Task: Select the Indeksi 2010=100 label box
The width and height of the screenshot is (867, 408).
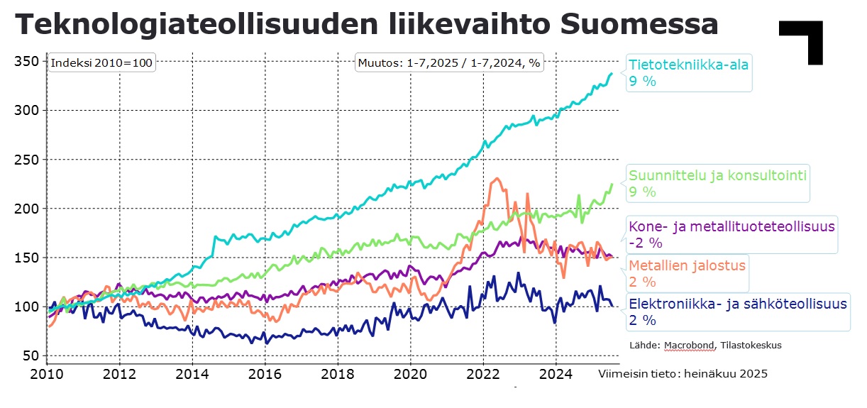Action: click(101, 62)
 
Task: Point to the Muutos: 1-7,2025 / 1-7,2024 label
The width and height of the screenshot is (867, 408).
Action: click(449, 62)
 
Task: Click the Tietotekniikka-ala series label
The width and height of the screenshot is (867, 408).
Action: click(688, 65)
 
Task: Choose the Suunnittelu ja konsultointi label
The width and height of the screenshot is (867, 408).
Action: click(718, 175)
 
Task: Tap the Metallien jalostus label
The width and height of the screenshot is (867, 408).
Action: click(687, 265)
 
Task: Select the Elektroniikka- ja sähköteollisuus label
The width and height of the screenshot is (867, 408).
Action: click(738, 304)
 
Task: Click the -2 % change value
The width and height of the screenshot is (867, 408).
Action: click(645, 243)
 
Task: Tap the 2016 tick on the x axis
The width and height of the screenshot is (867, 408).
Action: click(265, 373)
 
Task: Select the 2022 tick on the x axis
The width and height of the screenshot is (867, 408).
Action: click(484, 373)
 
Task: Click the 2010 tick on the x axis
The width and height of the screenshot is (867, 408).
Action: click(47, 373)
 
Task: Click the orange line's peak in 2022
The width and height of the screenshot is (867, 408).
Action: click(497, 179)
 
